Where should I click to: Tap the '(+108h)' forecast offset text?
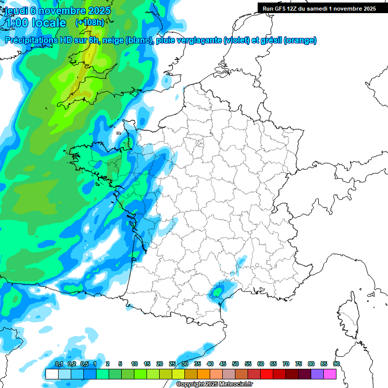point(90,23)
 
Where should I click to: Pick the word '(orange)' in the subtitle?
point(300,40)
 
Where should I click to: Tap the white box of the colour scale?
point(52,374)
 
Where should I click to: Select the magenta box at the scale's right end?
point(330,374)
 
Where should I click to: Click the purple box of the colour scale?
point(317,374)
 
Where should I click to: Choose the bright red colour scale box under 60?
point(267,374)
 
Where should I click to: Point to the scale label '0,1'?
point(59,364)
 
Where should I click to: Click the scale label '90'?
point(336,364)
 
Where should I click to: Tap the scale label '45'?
point(223,364)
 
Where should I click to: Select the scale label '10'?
point(134,364)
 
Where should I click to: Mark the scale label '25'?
point(172,364)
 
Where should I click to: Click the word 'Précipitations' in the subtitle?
point(29,40)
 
